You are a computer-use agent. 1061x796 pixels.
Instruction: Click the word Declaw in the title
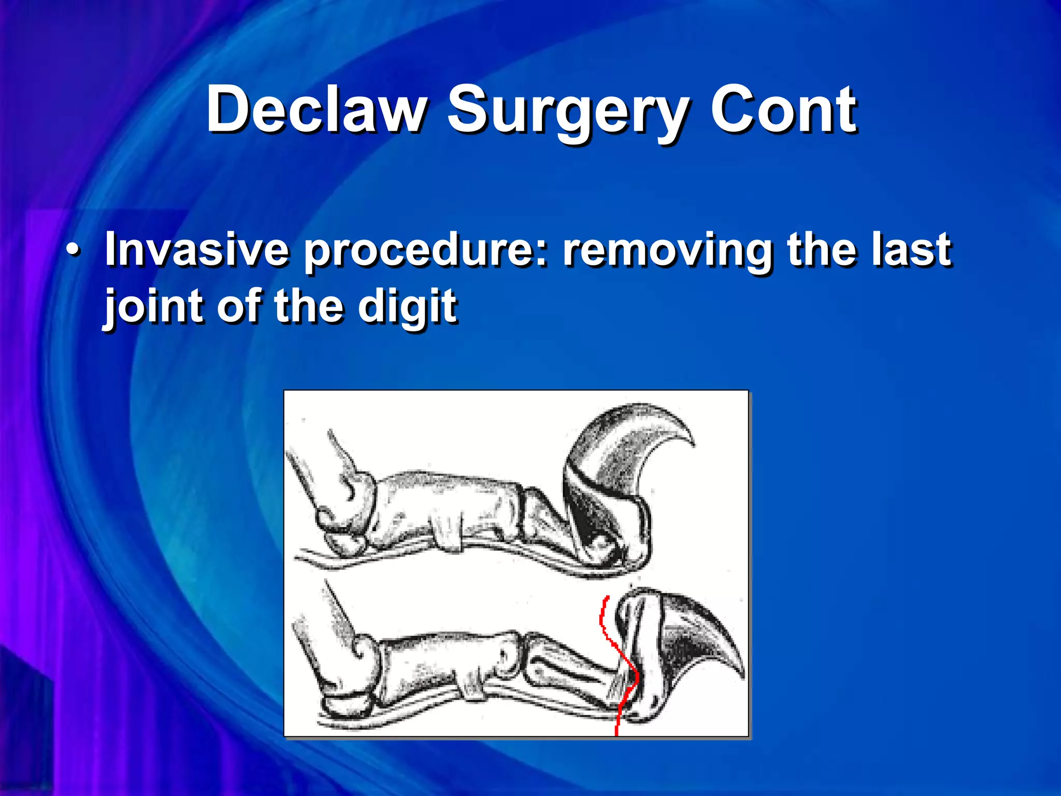(x=317, y=110)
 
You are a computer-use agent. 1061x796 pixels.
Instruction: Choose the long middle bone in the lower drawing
(x=440, y=663)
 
